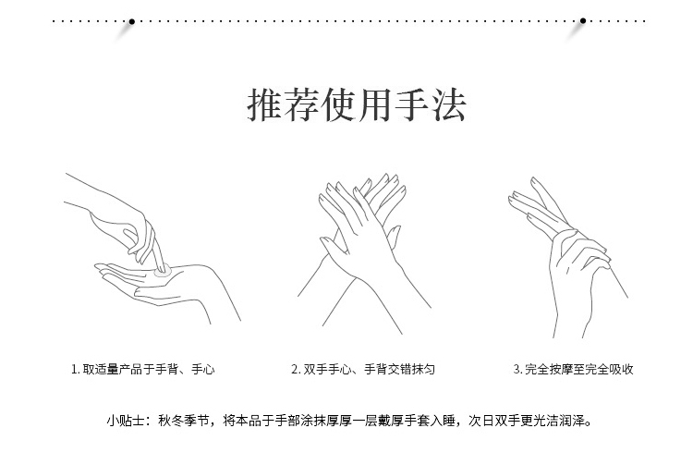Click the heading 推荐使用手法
coord(357,105)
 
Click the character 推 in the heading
coord(264,105)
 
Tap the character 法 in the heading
coord(449,105)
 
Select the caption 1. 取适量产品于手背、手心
coord(142,369)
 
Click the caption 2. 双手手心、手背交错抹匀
coord(363,369)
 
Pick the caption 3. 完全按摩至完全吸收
coord(573,369)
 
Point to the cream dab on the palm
coord(163,272)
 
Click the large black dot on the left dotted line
coord(132,21)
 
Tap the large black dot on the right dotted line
coord(583,20)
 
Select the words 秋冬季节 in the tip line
coord(184,421)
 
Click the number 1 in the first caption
coord(74,369)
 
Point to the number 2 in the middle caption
coord(295,369)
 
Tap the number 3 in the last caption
coord(517,369)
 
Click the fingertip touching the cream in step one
coord(163,268)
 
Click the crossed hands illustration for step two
coord(364,253)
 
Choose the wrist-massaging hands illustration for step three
coord(568,257)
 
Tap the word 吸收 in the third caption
coord(622,369)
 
